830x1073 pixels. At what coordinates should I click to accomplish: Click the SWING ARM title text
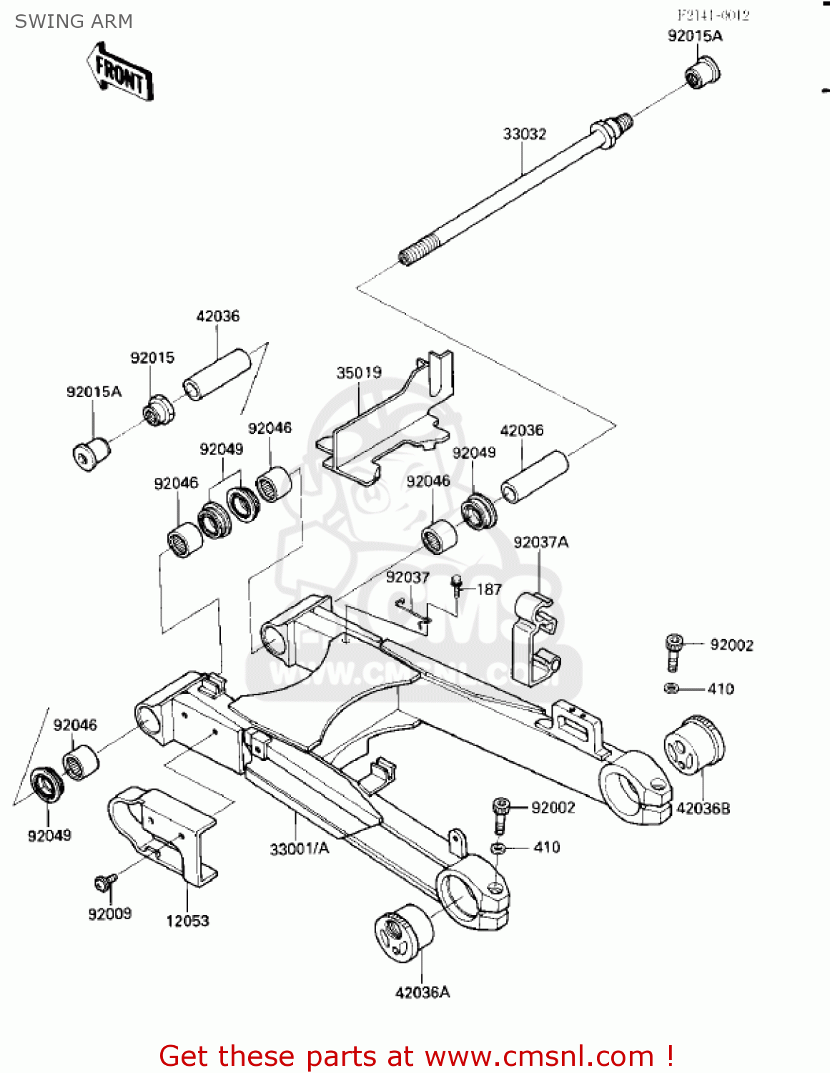[74, 21]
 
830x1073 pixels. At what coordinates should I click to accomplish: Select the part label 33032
[525, 134]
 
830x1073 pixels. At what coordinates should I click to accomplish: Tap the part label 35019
[359, 373]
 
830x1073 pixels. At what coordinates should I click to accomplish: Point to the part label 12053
[187, 921]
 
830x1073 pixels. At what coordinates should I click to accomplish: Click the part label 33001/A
[300, 849]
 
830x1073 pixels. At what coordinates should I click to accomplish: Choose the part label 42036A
[423, 992]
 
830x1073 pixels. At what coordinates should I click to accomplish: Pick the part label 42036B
[703, 808]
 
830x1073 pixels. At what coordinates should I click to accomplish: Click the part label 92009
[109, 913]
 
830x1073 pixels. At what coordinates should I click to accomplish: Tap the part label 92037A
[540, 542]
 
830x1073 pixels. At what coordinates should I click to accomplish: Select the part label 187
[489, 589]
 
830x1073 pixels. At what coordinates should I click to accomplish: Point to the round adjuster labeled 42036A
[404, 932]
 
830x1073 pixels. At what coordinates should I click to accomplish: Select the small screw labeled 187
[456, 585]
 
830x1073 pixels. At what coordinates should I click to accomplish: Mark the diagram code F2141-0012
[713, 15]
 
